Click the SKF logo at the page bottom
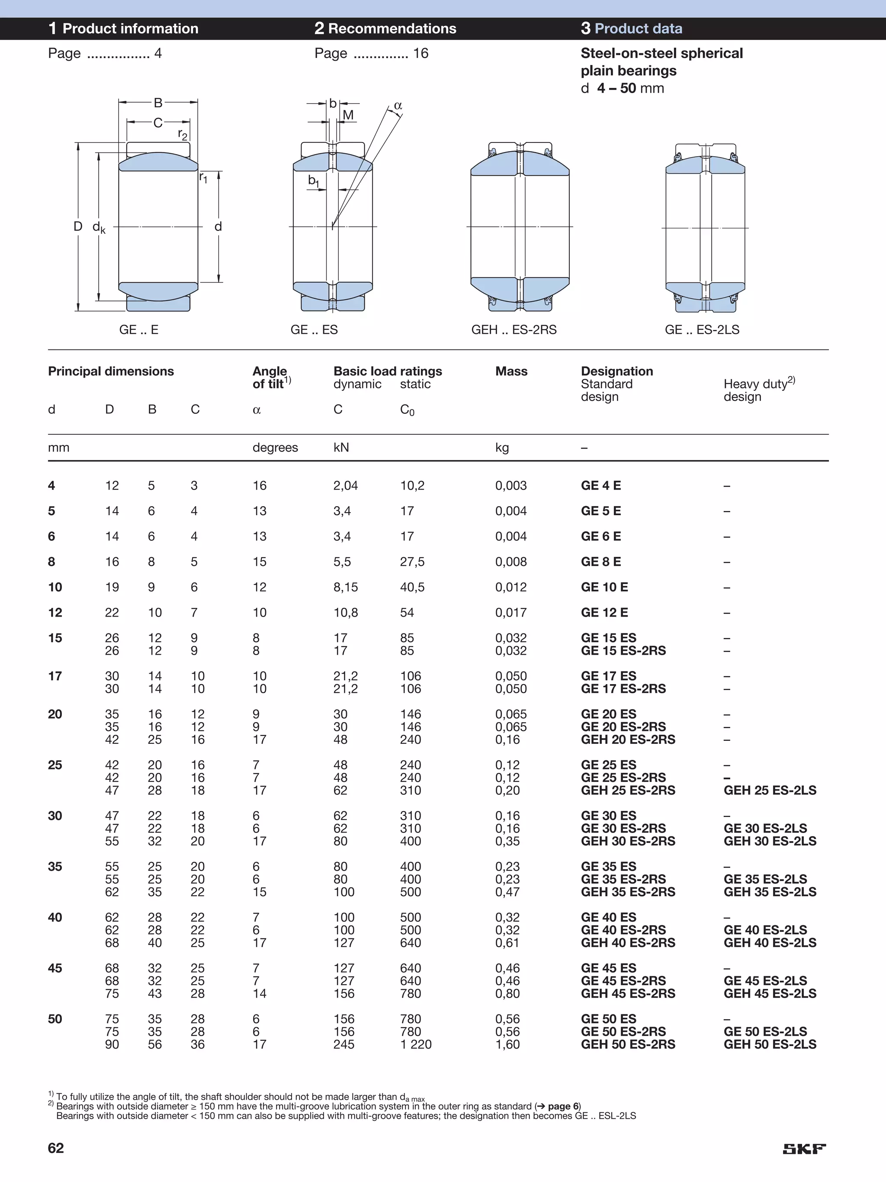click(x=804, y=1149)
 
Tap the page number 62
click(x=56, y=1148)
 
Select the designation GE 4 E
click(x=601, y=486)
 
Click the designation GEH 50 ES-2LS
click(x=770, y=1044)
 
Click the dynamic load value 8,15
click(x=346, y=587)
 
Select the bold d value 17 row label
click(x=55, y=676)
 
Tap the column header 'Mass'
click(x=511, y=371)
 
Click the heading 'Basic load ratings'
click(x=388, y=371)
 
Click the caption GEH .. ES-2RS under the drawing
click(x=514, y=329)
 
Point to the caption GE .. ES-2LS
click(x=702, y=329)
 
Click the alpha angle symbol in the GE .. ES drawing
click(x=398, y=106)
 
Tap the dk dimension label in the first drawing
click(x=99, y=228)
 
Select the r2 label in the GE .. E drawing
click(x=183, y=134)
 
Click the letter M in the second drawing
click(x=348, y=115)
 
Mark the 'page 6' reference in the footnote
click(x=563, y=1106)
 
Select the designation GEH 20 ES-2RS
click(x=628, y=740)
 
